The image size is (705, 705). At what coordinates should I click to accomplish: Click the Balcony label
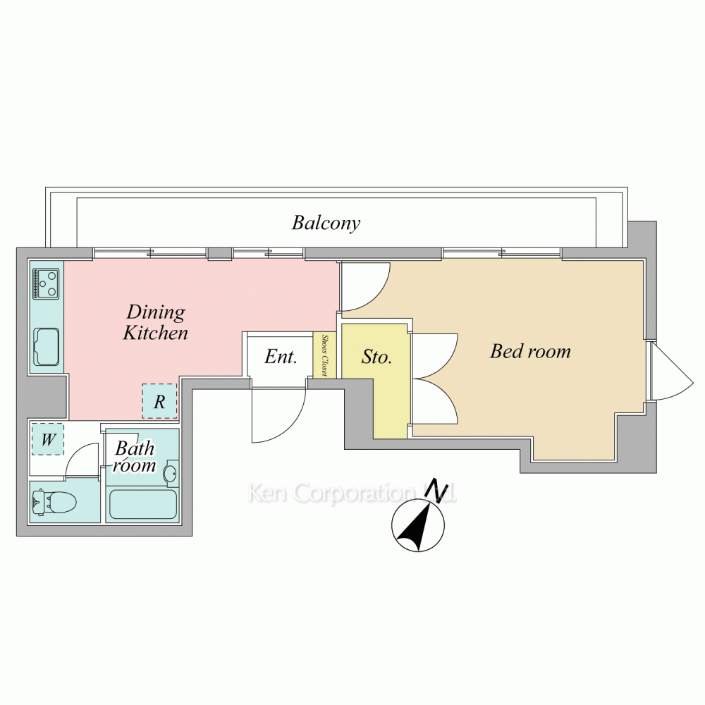coord(326,223)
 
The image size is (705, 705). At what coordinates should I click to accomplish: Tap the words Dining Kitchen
coord(156,322)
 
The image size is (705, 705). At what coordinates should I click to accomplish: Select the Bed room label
coord(530,351)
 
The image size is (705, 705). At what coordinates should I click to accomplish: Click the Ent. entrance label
coord(281,357)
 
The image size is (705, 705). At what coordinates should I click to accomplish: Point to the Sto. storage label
coord(376,357)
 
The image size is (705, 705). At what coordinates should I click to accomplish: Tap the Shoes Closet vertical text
coord(324,355)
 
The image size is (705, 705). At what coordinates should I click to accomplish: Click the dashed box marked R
coord(159,401)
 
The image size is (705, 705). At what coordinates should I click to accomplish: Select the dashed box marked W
coord(48,439)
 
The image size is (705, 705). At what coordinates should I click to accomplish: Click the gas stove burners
coord(46,284)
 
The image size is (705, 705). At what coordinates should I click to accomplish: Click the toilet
coord(54,501)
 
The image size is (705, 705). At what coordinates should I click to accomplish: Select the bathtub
coord(143,505)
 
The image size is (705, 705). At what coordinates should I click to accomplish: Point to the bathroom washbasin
coord(171,473)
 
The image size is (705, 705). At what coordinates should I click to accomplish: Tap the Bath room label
coord(135,457)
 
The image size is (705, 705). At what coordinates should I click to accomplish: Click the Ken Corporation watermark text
coord(352,493)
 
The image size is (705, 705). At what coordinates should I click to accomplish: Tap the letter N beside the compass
coord(436,489)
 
